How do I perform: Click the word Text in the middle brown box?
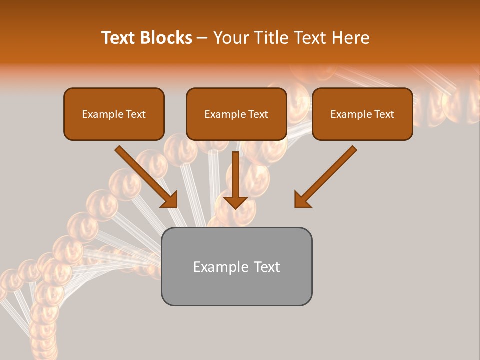[258, 114]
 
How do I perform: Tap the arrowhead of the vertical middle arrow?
[235, 202]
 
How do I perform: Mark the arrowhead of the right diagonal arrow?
[303, 199]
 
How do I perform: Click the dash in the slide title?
[202, 38]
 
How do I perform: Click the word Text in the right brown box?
[384, 114]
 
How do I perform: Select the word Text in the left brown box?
[135, 114]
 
